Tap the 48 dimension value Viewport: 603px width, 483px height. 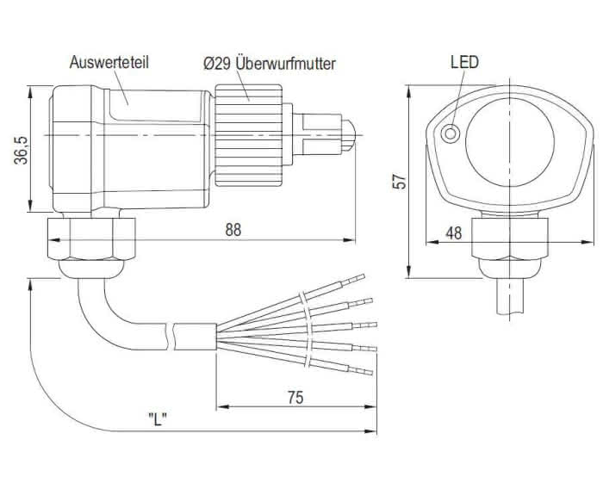tap(454, 232)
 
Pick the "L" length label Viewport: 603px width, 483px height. tap(156, 420)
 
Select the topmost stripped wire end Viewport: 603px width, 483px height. tap(363, 279)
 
